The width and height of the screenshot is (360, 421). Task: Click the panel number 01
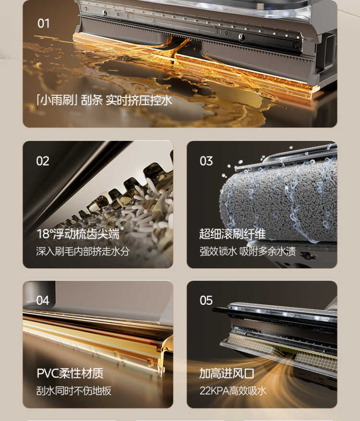pyautogui.click(x=44, y=24)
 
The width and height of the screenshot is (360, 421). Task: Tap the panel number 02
pyautogui.click(x=43, y=161)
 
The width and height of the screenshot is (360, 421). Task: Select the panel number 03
pyautogui.click(x=206, y=161)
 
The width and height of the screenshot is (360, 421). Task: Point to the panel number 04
pyautogui.click(x=43, y=301)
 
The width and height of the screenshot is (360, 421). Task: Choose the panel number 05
pyautogui.click(x=206, y=301)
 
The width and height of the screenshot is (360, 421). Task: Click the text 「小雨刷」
pyautogui.click(x=57, y=100)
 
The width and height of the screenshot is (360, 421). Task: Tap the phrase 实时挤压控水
pyautogui.click(x=139, y=100)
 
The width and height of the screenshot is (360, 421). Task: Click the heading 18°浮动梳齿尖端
pyautogui.click(x=78, y=234)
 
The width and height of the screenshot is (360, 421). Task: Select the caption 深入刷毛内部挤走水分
pyautogui.click(x=83, y=252)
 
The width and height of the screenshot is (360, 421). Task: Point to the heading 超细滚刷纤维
pyautogui.click(x=232, y=234)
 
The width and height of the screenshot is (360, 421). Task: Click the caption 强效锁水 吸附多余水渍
pyautogui.click(x=248, y=252)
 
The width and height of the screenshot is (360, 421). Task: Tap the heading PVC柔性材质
pyautogui.click(x=70, y=373)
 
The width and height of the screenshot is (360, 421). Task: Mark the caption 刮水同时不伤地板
pyautogui.click(x=74, y=391)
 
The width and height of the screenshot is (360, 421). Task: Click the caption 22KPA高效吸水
pyautogui.click(x=233, y=391)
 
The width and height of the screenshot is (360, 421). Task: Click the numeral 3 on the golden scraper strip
pyautogui.click(x=151, y=363)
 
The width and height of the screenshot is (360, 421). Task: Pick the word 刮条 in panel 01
pyautogui.click(x=92, y=100)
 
